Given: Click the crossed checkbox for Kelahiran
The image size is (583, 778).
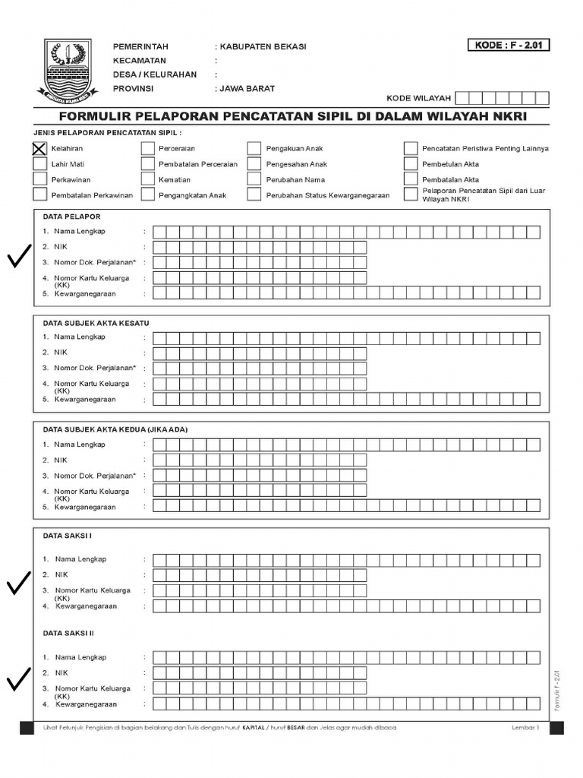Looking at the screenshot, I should coord(39,148).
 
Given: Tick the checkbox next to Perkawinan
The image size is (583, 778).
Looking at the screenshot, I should coord(39,179).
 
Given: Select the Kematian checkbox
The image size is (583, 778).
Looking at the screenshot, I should coord(147,179).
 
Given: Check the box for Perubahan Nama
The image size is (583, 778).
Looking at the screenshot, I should coord(254,179).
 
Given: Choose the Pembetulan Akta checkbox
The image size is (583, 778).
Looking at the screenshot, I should coord(411,163).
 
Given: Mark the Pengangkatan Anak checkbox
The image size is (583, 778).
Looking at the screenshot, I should coord(147,194).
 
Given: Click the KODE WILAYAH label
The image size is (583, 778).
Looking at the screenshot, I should coord(418,98).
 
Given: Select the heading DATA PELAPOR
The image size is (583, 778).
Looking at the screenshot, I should coord(71,217).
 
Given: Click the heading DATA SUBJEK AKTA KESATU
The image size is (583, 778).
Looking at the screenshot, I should coord(96,323).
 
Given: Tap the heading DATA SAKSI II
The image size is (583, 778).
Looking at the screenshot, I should coord(68,632).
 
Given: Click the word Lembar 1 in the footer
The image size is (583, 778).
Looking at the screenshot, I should coord(525,728).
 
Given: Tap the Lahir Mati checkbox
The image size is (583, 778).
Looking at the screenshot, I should coord(39,163).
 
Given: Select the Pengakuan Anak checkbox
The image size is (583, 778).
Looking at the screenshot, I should coord(254,148).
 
